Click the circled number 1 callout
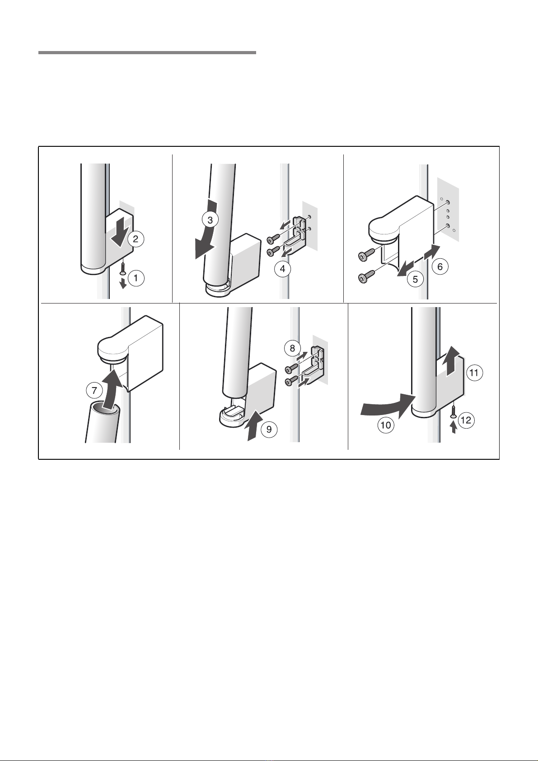(x=136, y=278)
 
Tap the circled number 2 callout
(x=136, y=239)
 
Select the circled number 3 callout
(x=210, y=220)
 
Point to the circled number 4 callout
(x=282, y=269)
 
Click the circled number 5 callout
(x=415, y=279)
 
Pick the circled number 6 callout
(x=440, y=267)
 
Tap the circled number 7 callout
(x=94, y=391)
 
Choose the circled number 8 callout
(x=292, y=348)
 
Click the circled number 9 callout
(x=269, y=430)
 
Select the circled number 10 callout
(x=386, y=425)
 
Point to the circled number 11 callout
(x=474, y=373)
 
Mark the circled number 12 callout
(x=466, y=420)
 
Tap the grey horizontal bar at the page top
(x=147, y=53)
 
